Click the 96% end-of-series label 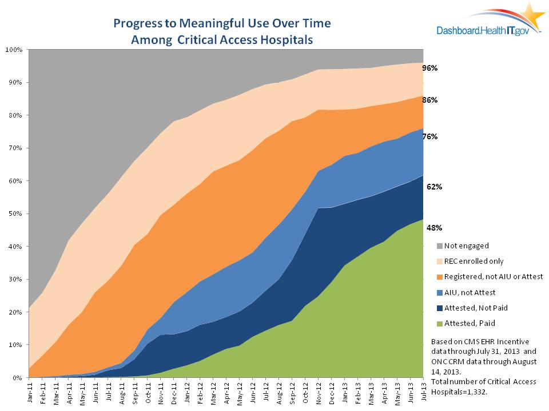(430, 68)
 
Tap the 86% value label (430, 100)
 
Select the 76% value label (430, 136)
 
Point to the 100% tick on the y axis (14, 50)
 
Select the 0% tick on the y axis (17, 378)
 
